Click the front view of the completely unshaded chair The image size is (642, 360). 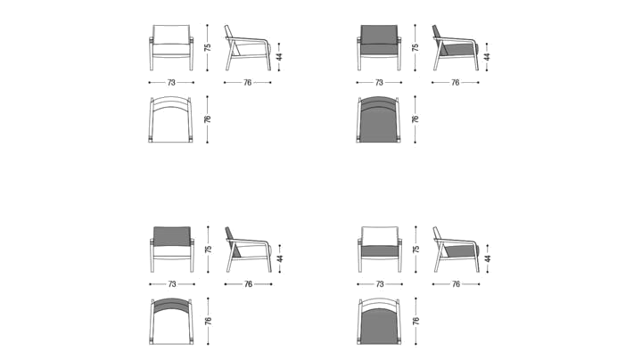pyautogui.click(x=171, y=47)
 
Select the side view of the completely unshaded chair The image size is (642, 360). pyautogui.click(x=248, y=48)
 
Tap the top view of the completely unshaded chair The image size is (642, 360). pyautogui.click(x=171, y=119)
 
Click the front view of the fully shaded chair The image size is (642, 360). pyautogui.click(x=379, y=47)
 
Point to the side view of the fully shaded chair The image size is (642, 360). pyautogui.click(x=456, y=48)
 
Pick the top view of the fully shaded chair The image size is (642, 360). pyautogui.click(x=379, y=119)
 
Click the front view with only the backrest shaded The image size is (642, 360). pyautogui.click(x=172, y=250)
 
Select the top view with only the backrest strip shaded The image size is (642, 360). pyautogui.click(x=172, y=321)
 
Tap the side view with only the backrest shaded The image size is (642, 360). pyautogui.click(x=249, y=250)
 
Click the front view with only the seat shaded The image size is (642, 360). pyautogui.click(x=380, y=250)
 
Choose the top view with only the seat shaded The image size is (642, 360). pyautogui.click(x=380, y=321)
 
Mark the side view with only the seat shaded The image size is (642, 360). pyautogui.click(x=457, y=250)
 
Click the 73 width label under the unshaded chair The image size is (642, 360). pyautogui.click(x=171, y=83)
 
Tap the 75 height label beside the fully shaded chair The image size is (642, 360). pyautogui.click(x=416, y=47)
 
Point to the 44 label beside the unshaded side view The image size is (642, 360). pyautogui.click(x=279, y=56)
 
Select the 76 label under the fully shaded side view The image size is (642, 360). pyautogui.click(x=456, y=83)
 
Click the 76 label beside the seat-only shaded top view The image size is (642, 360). pyautogui.click(x=416, y=321)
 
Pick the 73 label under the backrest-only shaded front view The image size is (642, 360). pyautogui.click(x=172, y=284)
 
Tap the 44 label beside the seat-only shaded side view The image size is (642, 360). pyautogui.click(x=488, y=258)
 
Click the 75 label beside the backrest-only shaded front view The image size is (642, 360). pyautogui.click(x=209, y=250)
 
